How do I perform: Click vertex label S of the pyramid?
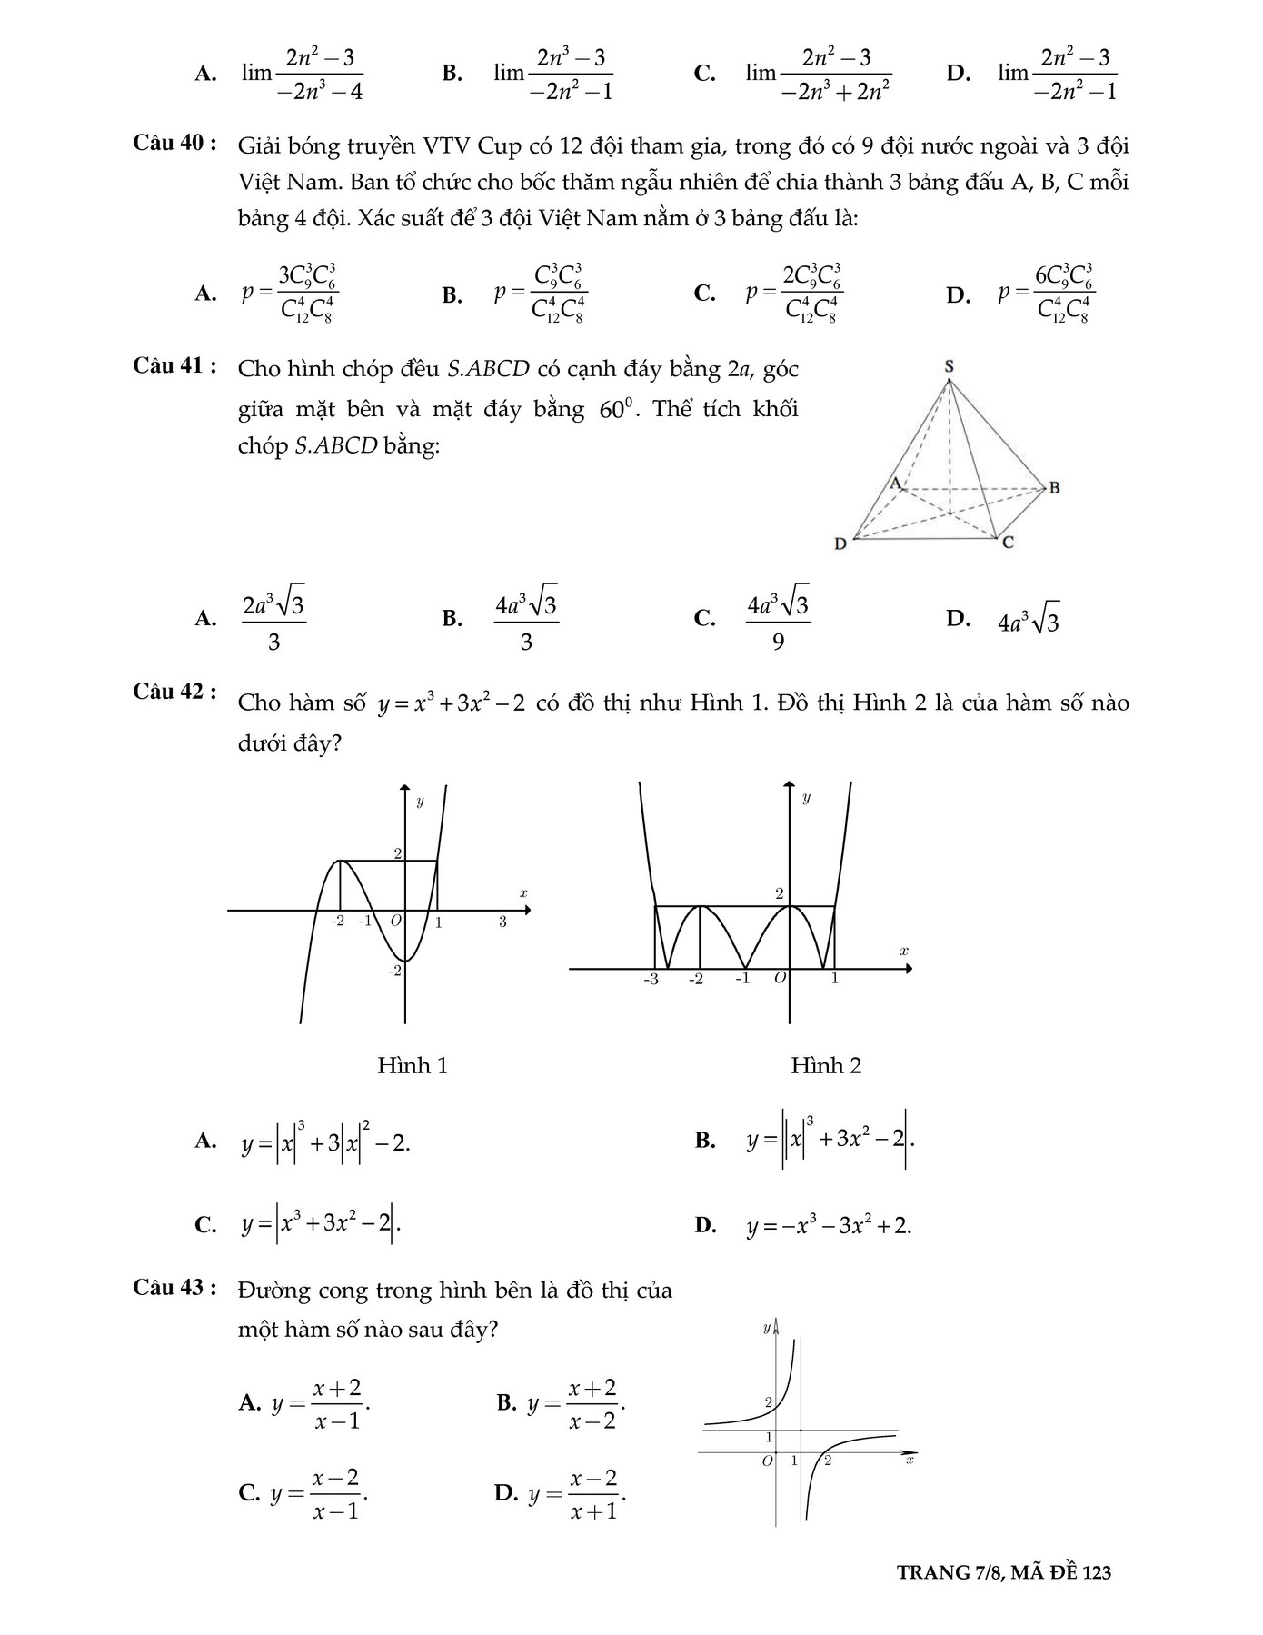(950, 366)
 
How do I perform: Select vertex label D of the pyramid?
(840, 544)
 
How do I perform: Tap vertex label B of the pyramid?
(1054, 488)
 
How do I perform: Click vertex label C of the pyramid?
(1008, 543)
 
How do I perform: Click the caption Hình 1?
(413, 1066)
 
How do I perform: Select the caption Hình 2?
(826, 1066)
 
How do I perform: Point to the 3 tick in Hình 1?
(502, 922)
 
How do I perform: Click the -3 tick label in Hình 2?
(651, 980)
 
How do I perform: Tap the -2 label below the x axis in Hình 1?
(337, 921)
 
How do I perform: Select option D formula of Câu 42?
(829, 1226)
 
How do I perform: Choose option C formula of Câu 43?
(319, 1493)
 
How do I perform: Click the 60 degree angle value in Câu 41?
(613, 409)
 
